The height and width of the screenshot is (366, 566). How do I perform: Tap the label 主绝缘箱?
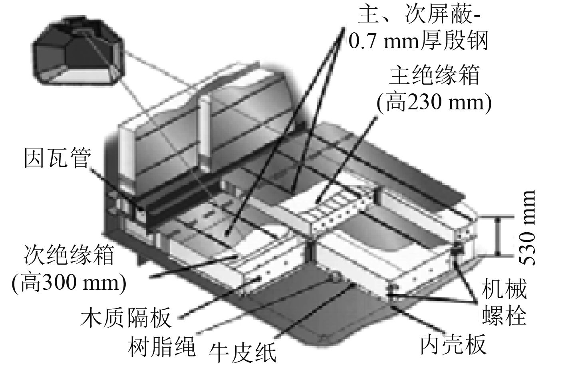[434, 75]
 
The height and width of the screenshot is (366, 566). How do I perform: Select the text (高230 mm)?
[434, 103]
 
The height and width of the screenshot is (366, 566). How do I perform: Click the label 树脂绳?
[162, 344]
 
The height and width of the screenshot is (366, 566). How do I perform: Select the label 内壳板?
[453, 344]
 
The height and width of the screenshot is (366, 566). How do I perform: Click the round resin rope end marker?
[334, 276]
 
